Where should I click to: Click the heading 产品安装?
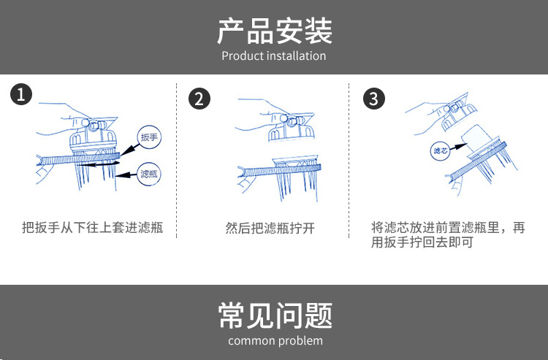click(x=274, y=31)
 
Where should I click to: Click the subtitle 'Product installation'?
click(x=274, y=56)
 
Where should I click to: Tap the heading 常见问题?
click(x=275, y=315)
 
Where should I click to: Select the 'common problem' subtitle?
click(x=275, y=340)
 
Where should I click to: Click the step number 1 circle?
click(x=21, y=94)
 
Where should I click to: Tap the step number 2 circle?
click(x=199, y=99)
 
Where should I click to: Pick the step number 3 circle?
click(x=374, y=99)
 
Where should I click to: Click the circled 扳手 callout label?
click(x=149, y=137)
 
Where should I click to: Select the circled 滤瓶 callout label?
click(x=149, y=174)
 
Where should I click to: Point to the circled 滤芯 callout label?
click(x=440, y=151)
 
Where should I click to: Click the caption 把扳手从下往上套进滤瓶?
click(x=93, y=227)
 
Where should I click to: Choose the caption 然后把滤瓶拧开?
click(x=270, y=228)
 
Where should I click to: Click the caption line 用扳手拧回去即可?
click(x=422, y=242)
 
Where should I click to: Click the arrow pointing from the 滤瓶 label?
click(x=126, y=175)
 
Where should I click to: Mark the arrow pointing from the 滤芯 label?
click(x=459, y=147)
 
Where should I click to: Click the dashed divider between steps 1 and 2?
click(x=177, y=161)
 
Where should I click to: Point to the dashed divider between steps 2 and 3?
click(x=349, y=161)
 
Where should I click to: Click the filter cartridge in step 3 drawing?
click(x=477, y=138)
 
